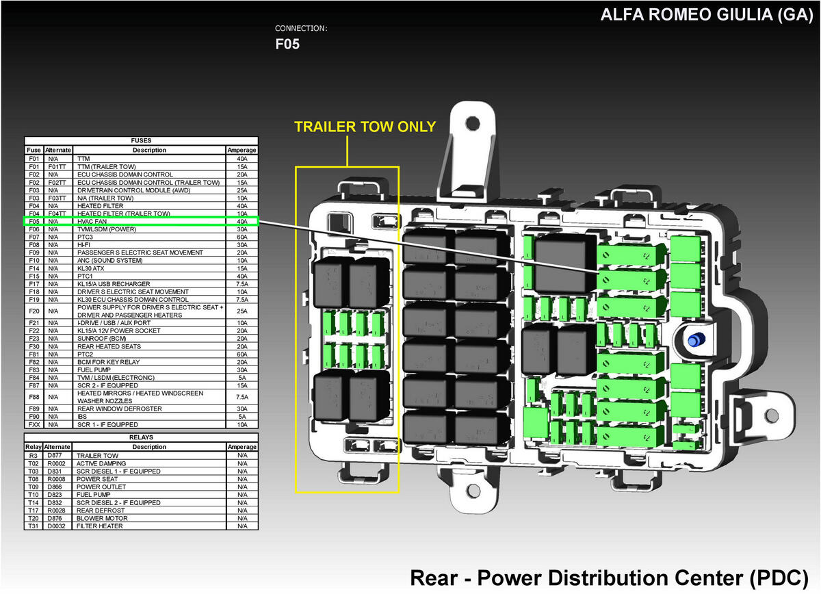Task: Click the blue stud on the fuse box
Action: pos(696,340)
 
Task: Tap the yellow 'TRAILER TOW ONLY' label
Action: pos(365,127)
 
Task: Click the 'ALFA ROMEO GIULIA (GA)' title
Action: pos(707,15)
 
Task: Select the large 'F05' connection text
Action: pos(287,44)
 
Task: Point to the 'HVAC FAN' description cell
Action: pos(92,222)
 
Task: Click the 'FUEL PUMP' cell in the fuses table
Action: pos(94,370)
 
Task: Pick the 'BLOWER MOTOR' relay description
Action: pos(102,519)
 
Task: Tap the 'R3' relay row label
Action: pos(34,456)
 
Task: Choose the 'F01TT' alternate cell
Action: pos(57,167)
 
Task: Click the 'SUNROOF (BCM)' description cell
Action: pos(101,339)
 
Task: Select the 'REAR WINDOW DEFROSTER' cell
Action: pos(120,409)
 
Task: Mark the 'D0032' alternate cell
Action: pos(56,526)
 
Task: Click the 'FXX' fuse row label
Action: pos(34,424)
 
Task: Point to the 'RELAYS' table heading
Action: pos(141,437)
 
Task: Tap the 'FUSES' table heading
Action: pos(141,141)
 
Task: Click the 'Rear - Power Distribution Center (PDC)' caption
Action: pos(609,578)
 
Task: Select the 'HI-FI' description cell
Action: pos(83,245)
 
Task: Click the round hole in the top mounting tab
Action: pos(473,124)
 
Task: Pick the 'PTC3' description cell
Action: pos(85,237)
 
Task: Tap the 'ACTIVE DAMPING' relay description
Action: pos(101,464)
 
